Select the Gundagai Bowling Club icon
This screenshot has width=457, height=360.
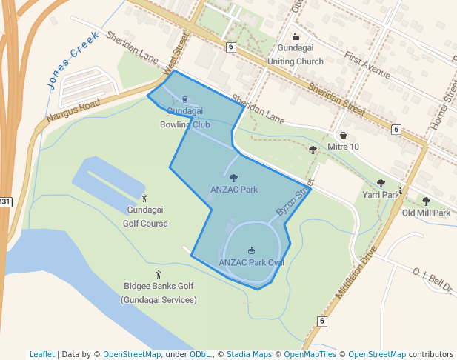(x=184, y=99)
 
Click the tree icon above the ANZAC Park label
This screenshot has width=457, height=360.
(x=234, y=178)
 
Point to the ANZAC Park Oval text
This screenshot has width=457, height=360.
(x=252, y=262)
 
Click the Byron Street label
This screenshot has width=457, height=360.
(x=290, y=202)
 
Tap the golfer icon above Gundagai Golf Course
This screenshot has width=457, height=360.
(x=145, y=198)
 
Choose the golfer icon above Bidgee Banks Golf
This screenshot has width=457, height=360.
(x=159, y=275)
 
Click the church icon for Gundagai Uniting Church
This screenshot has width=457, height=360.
(x=296, y=37)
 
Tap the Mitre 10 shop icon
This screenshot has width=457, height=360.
(x=344, y=136)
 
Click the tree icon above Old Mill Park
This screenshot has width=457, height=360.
(x=426, y=201)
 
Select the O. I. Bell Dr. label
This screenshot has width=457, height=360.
(x=433, y=281)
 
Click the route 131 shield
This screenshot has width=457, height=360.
(x=5, y=201)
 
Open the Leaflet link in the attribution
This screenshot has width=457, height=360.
(x=41, y=354)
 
